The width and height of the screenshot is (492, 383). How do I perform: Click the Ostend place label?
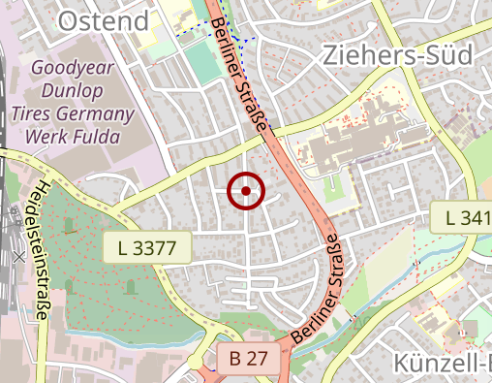coord(104,20)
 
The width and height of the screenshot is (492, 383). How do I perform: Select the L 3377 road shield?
coord(146,249)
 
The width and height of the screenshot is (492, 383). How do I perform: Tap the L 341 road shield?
coord(459,218)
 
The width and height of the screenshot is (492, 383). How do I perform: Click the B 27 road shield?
coord(248,359)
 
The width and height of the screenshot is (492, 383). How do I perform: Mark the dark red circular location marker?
coord(246,191)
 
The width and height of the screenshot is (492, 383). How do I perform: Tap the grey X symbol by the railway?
coord(18,257)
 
